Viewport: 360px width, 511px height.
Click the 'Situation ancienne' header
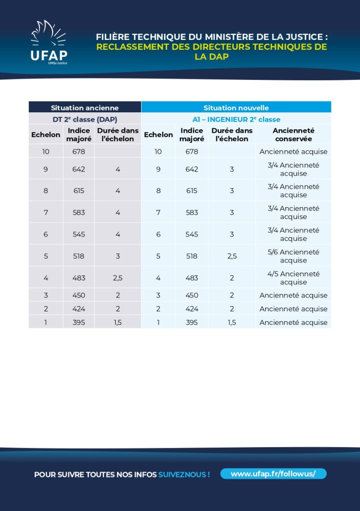tap(85, 108)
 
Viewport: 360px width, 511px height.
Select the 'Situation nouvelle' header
tap(236, 108)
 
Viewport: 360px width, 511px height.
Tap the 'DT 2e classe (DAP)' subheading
tap(85, 119)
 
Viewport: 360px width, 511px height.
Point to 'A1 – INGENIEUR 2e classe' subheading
tap(236, 119)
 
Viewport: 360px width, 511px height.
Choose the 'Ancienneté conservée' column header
tap(293, 134)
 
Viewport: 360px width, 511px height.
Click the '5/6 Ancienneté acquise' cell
tap(293, 256)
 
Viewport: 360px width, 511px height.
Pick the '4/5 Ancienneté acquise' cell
tap(293, 278)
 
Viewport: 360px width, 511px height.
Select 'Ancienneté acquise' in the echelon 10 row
tap(293, 151)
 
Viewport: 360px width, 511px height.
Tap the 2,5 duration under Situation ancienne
tap(118, 278)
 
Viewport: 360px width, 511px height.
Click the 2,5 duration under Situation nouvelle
tap(232, 256)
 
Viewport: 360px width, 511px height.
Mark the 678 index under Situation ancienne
tap(79, 151)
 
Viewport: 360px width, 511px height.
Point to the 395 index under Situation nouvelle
tap(191, 322)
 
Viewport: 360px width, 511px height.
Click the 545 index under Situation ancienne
tap(79, 234)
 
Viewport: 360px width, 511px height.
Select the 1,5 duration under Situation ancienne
tap(118, 322)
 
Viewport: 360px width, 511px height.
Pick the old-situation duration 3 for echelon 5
tap(118, 256)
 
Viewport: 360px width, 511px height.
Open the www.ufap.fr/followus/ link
tap(273, 474)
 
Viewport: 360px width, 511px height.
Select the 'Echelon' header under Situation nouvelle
tap(158, 134)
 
